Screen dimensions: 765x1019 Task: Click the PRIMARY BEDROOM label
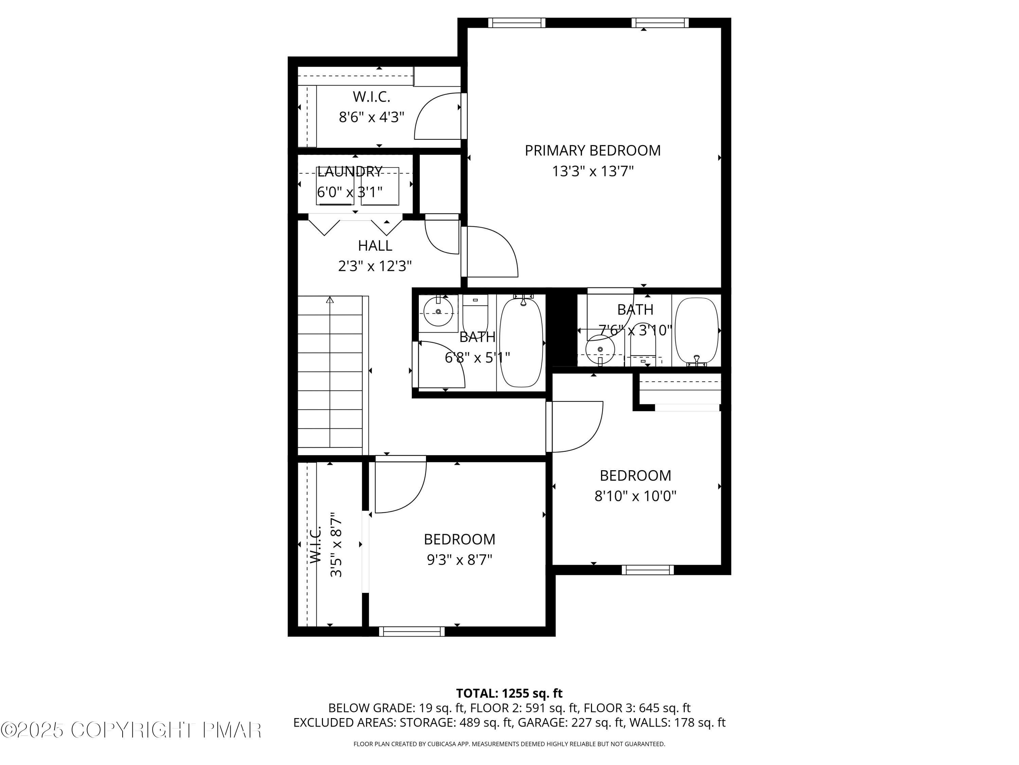tap(592, 151)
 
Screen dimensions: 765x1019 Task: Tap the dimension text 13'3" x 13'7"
tap(592, 172)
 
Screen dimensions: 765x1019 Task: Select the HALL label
tap(375, 246)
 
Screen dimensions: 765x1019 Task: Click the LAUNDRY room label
tap(350, 172)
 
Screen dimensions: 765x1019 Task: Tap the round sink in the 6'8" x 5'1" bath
tap(438, 312)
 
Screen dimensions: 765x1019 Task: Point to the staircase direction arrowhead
tap(330, 300)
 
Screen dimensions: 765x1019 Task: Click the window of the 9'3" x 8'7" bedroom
tap(412, 631)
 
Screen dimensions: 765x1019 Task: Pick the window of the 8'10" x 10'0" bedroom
tap(648, 570)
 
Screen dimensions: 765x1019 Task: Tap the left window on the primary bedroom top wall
tap(516, 22)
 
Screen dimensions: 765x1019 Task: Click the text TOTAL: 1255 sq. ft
tap(509, 693)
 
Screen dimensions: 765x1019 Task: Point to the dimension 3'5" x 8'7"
tap(336, 545)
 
